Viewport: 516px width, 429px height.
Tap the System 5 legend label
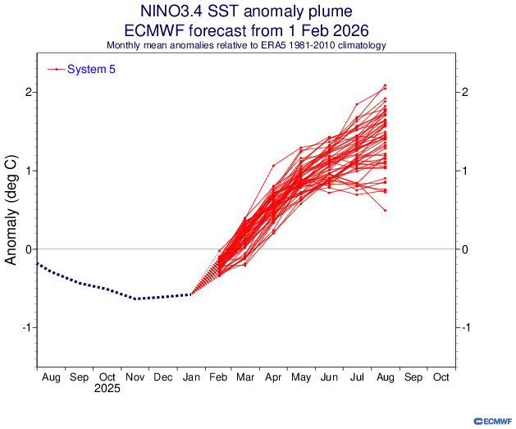tap(91, 70)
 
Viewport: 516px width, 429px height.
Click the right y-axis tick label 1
tap(465, 171)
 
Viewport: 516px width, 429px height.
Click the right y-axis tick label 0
tap(465, 249)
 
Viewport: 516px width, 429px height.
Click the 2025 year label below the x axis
tap(107, 389)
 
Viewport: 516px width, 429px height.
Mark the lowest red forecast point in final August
tap(385, 211)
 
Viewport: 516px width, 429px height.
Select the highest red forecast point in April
tap(273, 166)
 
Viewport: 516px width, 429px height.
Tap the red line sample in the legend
tap(56, 70)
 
